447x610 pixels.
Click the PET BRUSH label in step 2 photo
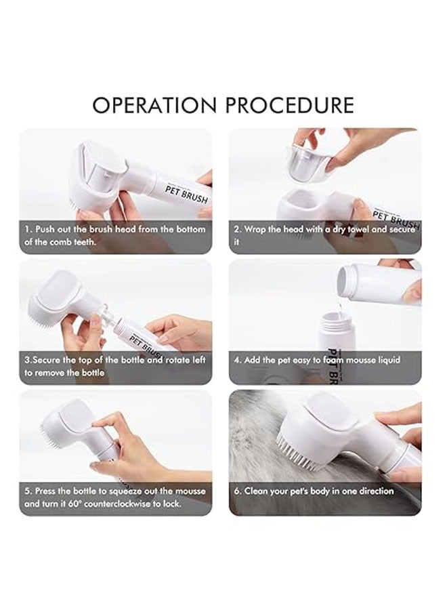[396, 220]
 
